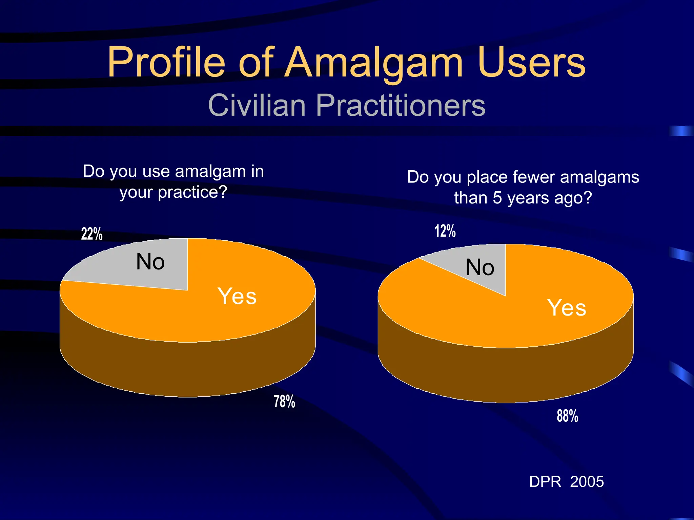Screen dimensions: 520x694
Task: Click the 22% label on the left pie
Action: pyautogui.click(x=92, y=234)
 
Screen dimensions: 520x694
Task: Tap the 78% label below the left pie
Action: pyautogui.click(x=284, y=402)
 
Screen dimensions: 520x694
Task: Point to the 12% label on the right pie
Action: pyautogui.click(x=445, y=231)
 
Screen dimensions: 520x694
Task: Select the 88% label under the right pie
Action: pyautogui.click(x=567, y=416)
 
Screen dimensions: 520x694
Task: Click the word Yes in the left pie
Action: pyautogui.click(x=237, y=296)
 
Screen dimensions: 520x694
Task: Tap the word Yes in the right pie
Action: pyautogui.click(x=567, y=308)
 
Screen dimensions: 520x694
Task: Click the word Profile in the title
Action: pyautogui.click(x=166, y=63)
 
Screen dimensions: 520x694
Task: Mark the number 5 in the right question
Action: pyautogui.click(x=497, y=198)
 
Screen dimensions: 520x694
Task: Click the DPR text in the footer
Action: pyautogui.click(x=545, y=481)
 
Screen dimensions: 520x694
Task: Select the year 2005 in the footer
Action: pyautogui.click(x=587, y=481)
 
